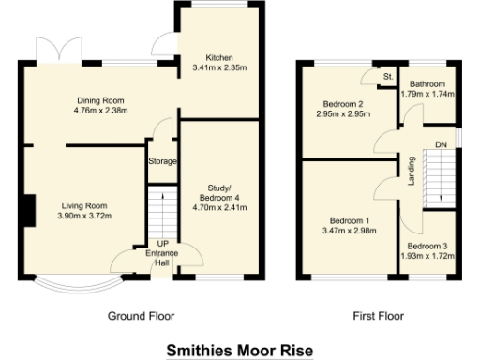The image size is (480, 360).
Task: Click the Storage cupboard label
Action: pyautogui.click(x=162, y=162)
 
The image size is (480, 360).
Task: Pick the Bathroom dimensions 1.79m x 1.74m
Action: pyautogui.click(x=427, y=94)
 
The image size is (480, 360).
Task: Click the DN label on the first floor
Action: pyautogui.click(x=440, y=144)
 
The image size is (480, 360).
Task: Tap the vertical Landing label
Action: pyautogui.click(x=411, y=172)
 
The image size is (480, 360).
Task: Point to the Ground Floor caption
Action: pyautogui.click(x=142, y=316)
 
